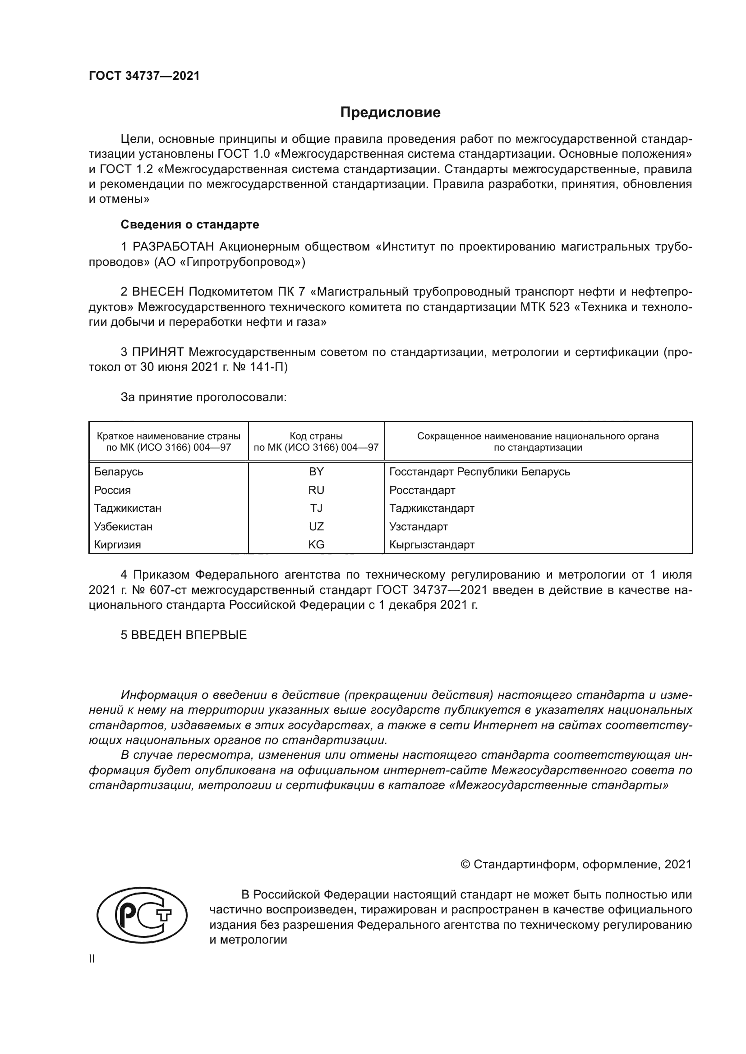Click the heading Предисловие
point(390,113)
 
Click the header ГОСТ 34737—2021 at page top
point(144,76)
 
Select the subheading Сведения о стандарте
point(190,224)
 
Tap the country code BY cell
point(316,472)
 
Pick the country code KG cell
point(316,545)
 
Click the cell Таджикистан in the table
point(128,508)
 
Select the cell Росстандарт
point(422,490)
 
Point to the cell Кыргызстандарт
point(432,545)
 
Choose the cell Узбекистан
point(123,526)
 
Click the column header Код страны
point(316,436)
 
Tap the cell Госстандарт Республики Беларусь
point(479,472)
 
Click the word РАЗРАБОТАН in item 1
point(173,247)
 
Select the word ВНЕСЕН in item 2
point(158,292)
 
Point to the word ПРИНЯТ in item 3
point(158,352)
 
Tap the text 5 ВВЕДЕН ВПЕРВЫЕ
point(184,635)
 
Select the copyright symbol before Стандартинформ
point(465,864)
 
